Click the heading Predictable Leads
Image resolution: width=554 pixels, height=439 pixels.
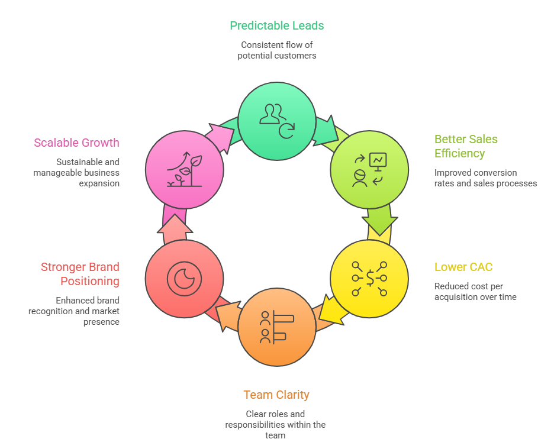point(276,25)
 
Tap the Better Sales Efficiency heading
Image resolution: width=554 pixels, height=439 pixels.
point(466,146)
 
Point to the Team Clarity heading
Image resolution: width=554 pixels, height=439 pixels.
point(276,395)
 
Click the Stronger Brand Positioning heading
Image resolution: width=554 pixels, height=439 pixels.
point(80,274)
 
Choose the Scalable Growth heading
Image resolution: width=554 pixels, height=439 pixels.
point(76,143)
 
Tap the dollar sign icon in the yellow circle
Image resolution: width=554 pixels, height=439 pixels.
point(369,278)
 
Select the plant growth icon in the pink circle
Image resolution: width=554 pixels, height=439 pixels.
point(184,170)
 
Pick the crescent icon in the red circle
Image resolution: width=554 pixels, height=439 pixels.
point(184,278)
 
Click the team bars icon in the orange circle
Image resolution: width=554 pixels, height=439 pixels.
point(276,327)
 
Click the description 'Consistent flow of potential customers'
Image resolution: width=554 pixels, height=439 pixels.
point(276,50)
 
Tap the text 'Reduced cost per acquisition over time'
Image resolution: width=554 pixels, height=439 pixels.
point(475,291)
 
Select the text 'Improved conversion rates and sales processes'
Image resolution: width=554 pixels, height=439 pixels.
point(485,178)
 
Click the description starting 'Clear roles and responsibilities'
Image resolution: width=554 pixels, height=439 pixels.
point(275,424)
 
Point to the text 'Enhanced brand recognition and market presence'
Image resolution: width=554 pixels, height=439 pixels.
point(74,311)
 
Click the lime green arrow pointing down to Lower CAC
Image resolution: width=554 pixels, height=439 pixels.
point(379,220)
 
